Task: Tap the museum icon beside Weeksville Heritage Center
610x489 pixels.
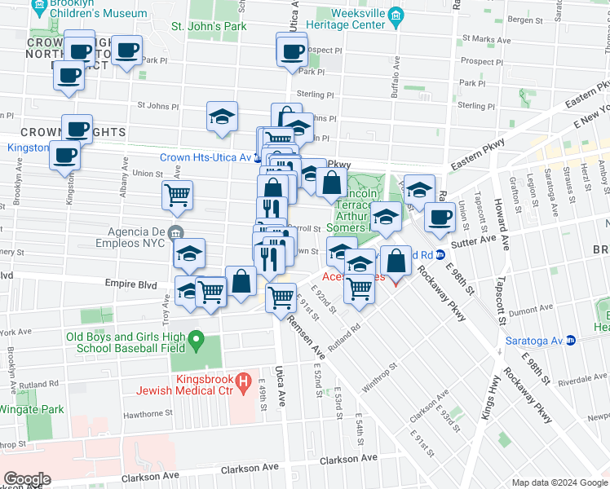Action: coord(396,15)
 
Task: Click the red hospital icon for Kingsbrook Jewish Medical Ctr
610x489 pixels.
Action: coord(242,381)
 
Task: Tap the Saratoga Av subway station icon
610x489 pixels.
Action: coord(572,339)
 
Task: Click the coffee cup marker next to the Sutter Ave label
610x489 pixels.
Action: coord(440,218)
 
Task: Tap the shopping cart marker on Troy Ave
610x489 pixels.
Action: coord(177,196)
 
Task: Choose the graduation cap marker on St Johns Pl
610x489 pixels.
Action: coord(222,117)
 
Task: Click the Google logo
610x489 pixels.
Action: coord(27,478)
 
